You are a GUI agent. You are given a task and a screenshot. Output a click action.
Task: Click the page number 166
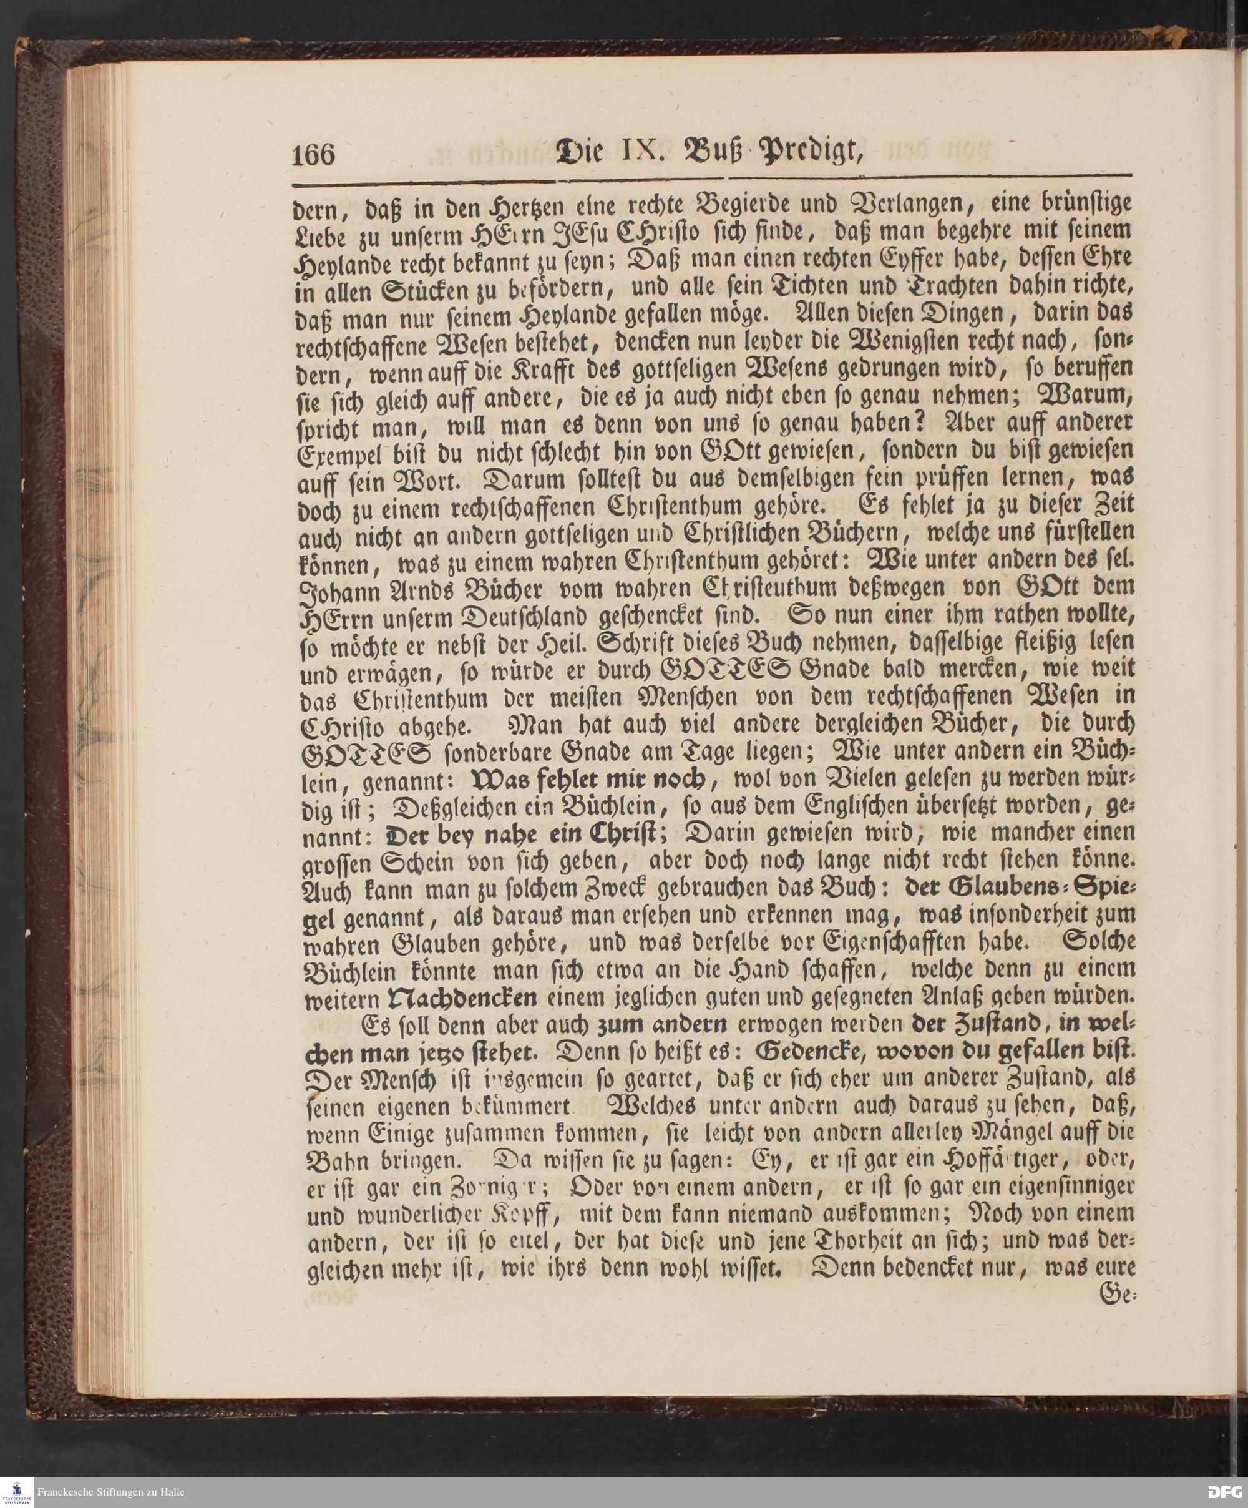click(314, 154)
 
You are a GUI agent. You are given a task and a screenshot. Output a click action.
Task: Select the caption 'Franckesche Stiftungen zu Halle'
click(110, 1492)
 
